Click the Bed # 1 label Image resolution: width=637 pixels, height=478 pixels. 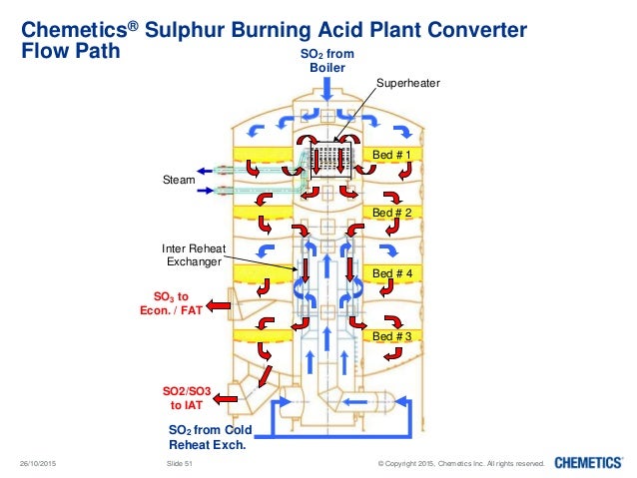click(391, 155)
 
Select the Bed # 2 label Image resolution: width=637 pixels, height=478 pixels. click(391, 213)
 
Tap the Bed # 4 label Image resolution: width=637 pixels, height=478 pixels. click(391, 271)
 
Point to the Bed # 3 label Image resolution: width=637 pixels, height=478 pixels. click(391, 337)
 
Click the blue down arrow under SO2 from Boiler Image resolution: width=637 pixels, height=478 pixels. click(327, 88)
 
